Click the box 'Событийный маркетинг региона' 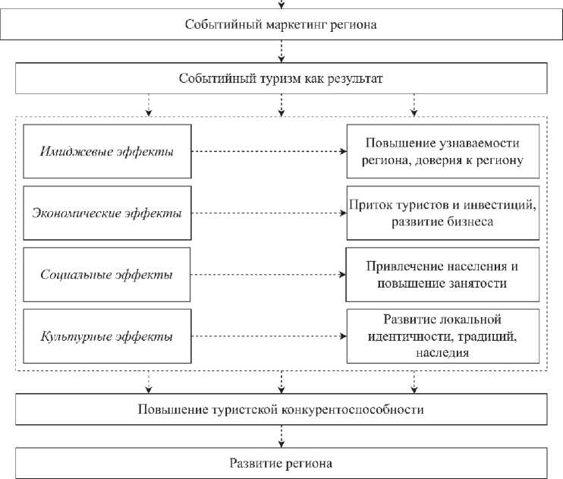click(x=281, y=24)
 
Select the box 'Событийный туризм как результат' click(x=281, y=78)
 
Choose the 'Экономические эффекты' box click(x=106, y=213)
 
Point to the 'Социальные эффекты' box click(x=106, y=274)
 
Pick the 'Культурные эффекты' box click(x=106, y=335)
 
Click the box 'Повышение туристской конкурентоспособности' click(x=281, y=409)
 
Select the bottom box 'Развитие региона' click(x=281, y=462)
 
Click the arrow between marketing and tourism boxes click(x=281, y=51)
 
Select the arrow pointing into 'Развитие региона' click(x=281, y=436)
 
